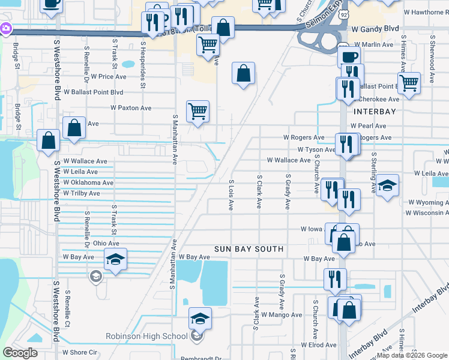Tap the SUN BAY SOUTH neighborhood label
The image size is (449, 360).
(x=249, y=248)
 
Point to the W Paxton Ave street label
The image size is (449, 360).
(x=130, y=108)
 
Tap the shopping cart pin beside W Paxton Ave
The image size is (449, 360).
(x=197, y=112)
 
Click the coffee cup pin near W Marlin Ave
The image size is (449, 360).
(x=348, y=58)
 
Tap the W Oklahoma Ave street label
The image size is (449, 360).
(x=88, y=183)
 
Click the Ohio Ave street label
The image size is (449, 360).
(x=106, y=243)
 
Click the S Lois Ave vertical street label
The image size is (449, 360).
(x=231, y=194)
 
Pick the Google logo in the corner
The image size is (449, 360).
(x=20, y=352)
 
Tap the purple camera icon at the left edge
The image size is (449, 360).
(x=5, y=28)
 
